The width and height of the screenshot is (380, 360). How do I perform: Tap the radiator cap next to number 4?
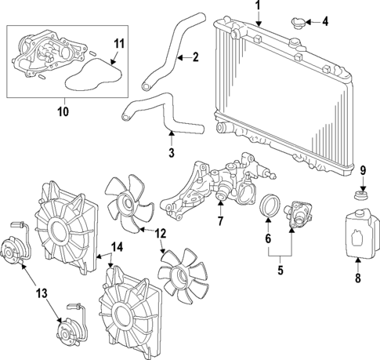pos(298,22)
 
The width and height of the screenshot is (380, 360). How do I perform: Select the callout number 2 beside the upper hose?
pos(196,56)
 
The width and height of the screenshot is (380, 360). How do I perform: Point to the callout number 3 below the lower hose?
pos(171,151)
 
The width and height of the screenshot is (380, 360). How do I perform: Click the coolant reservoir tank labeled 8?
pos(356,233)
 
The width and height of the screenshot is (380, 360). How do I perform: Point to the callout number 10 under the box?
pos(63,111)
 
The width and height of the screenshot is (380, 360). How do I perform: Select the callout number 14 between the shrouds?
pos(118,247)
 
